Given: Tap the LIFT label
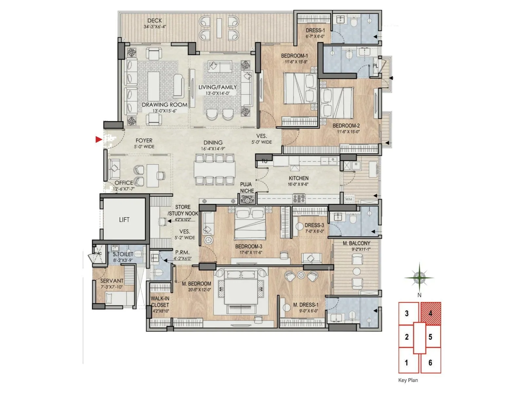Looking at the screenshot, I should (x=124, y=220).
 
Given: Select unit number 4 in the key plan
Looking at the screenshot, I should (x=430, y=313).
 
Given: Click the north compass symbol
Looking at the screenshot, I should (x=419, y=278).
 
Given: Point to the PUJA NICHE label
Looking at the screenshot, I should (x=247, y=188).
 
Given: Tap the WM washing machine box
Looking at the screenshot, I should (x=348, y=199).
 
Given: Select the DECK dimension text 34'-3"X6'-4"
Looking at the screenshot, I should (x=155, y=27).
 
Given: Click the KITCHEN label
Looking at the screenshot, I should (x=298, y=178).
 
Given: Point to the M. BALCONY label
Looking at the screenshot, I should (x=356, y=243).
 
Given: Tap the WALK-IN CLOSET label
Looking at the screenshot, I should (x=160, y=302).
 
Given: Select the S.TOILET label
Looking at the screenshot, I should (x=123, y=254).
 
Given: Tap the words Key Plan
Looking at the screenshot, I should (x=408, y=380).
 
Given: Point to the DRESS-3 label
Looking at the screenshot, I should (x=314, y=225).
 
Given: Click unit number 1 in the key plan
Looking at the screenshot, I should (x=406, y=363).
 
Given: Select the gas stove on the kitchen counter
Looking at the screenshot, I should (x=299, y=198).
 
